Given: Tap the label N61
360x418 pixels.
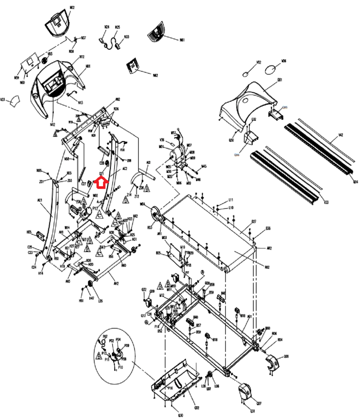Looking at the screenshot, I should point(182,40).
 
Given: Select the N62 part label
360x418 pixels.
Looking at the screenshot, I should point(155,75).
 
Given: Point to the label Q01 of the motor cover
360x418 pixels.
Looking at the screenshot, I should point(280,80).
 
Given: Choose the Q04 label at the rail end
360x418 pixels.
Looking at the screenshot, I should point(355,182).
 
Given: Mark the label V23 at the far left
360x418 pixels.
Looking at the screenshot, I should point(3,100).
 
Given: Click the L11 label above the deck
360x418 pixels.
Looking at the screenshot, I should point(231,200).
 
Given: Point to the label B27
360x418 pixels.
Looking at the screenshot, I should point(254,222).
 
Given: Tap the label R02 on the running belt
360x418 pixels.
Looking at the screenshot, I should point(267,267).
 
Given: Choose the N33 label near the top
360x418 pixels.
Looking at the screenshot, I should point(126,37).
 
